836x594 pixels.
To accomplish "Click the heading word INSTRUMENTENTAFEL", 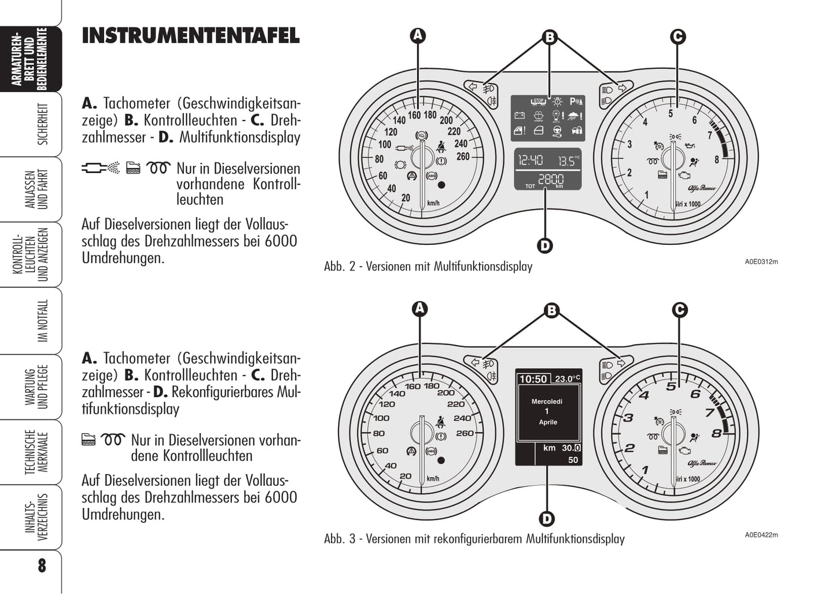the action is [x=190, y=36].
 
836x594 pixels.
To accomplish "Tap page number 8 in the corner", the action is [x=42, y=566].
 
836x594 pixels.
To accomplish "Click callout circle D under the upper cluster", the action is [x=545, y=246].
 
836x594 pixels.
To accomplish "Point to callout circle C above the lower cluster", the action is [x=680, y=310].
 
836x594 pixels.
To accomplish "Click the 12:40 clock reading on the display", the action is [x=530, y=160].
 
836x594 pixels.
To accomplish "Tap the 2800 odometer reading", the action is [x=551, y=179].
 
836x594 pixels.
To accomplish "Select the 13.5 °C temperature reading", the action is [x=569, y=160].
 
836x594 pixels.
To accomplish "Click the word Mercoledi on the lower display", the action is [x=547, y=402].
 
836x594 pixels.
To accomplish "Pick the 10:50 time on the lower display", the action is [x=533, y=379].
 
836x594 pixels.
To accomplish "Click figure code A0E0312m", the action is [x=761, y=262].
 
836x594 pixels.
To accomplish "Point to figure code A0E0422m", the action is [x=761, y=535].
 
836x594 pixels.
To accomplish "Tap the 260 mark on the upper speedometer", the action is [x=463, y=156].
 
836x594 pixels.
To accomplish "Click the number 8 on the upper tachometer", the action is [x=717, y=160].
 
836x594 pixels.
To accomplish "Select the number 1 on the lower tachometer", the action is [x=645, y=470].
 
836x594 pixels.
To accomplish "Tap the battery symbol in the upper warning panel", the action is [x=520, y=115].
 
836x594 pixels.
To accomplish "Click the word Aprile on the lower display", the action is [x=548, y=422].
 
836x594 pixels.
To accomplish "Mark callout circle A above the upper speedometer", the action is [x=418, y=35].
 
